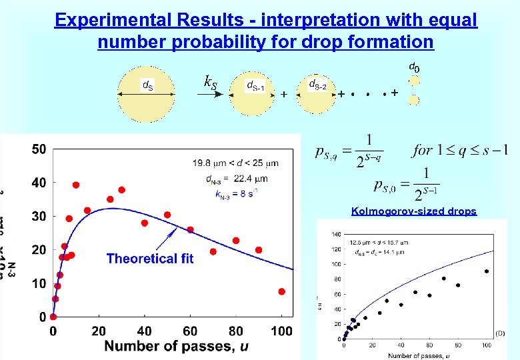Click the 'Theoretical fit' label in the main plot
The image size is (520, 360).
pyautogui.click(x=150, y=259)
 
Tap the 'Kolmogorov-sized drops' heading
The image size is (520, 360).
pyautogui.click(x=413, y=211)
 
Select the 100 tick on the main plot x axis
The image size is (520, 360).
pyautogui.click(x=282, y=331)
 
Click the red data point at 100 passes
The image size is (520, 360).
pyautogui.click(x=282, y=291)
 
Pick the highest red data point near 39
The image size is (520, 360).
pyautogui.click(x=76, y=185)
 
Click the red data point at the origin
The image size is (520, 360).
pyautogui.click(x=53, y=317)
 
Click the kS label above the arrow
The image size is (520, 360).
pyautogui.click(x=209, y=83)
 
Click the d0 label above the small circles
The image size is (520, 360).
pyautogui.click(x=413, y=67)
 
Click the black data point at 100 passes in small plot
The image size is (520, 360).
pyautogui.click(x=487, y=271)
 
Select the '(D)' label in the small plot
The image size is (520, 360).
pyautogui.click(x=499, y=332)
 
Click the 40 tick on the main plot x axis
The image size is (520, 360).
pyautogui.click(x=145, y=331)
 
